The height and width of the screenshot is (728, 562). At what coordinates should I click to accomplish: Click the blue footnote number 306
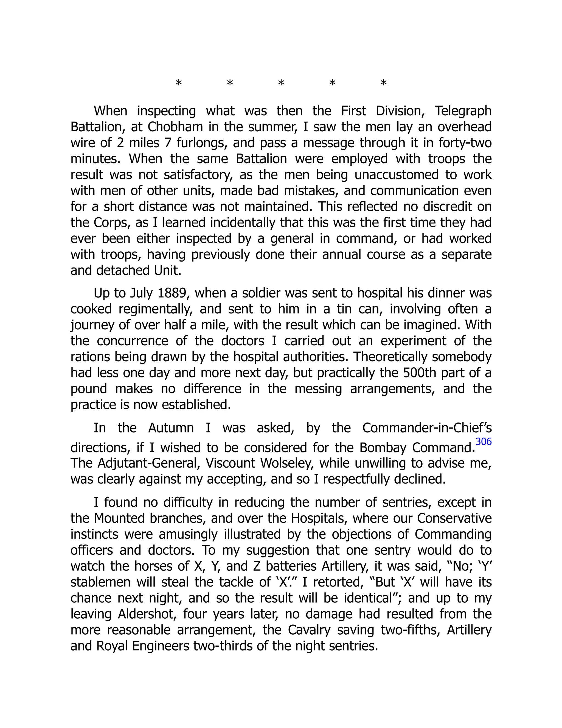click(484, 442)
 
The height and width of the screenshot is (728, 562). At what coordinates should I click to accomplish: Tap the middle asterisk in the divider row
click(281, 83)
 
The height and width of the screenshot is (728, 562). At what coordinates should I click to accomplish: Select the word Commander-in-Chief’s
click(427, 428)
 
